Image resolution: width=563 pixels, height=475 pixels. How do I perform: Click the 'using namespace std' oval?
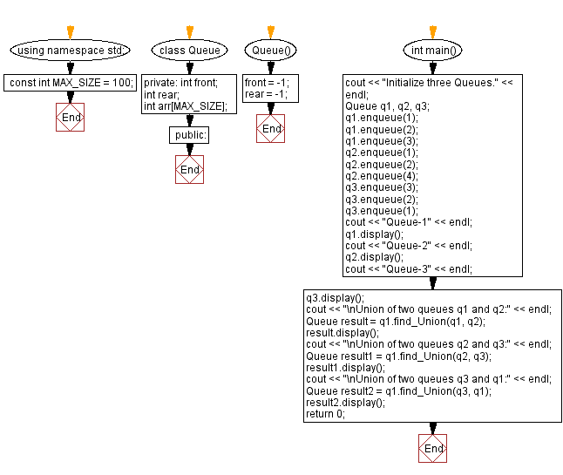[71, 51]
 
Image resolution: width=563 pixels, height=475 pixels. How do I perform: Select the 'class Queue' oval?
[190, 51]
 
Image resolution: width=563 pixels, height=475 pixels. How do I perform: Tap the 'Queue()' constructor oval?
[271, 51]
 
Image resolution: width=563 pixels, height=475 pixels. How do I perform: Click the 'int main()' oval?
[433, 51]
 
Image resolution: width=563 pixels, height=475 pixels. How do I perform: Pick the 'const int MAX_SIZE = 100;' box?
[71, 83]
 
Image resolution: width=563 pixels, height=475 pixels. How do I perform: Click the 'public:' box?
[190, 135]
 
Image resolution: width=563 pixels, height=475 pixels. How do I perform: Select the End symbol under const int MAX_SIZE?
[71, 117]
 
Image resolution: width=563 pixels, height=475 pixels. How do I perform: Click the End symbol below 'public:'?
[190, 169]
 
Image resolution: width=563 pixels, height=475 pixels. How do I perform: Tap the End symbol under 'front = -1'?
[271, 129]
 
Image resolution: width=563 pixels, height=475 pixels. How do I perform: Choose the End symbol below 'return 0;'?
[433, 448]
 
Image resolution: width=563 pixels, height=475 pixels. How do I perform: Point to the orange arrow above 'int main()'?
[433, 32]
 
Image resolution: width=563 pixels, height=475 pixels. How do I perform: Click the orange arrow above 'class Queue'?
[190, 32]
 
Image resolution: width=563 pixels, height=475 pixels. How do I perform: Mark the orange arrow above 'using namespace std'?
[71, 32]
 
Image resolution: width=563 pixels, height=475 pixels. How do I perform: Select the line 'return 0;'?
[325, 414]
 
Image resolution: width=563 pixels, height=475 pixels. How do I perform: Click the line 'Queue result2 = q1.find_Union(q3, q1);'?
[398, 391]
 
